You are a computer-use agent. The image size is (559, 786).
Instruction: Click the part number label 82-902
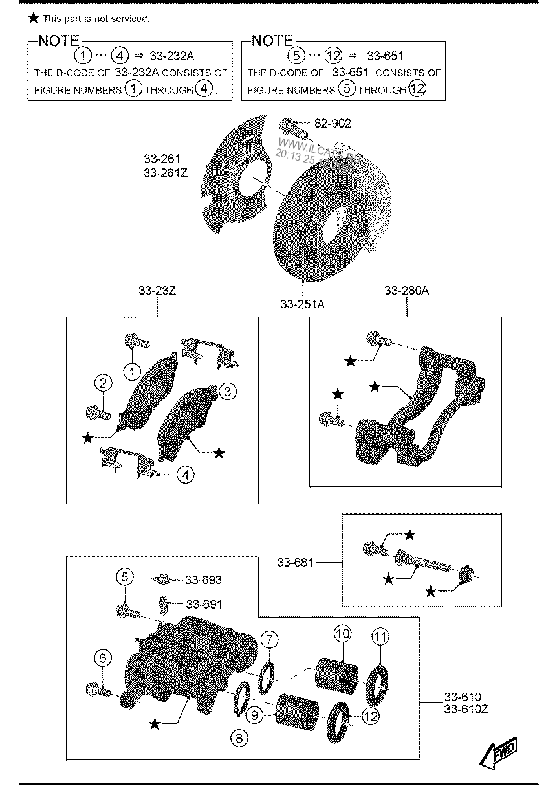[333, 123]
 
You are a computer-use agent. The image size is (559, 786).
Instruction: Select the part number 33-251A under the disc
[303, 304]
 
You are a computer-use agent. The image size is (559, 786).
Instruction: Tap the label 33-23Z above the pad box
[157, 291]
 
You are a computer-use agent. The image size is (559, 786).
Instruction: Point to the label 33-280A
[406, 291]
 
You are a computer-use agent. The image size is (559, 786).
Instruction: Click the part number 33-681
[295, 563]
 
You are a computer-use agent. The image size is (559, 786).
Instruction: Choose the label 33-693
[203, 580]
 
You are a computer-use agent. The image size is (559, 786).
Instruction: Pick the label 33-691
[203, 604]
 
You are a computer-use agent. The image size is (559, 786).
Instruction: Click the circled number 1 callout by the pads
[132, 372]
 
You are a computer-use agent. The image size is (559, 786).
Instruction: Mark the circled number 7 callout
[270, 640]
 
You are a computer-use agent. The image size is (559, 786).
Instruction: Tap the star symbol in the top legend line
[34, 18]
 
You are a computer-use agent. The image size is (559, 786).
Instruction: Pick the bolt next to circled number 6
[95, 690]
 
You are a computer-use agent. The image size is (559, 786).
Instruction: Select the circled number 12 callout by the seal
[370, 716]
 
